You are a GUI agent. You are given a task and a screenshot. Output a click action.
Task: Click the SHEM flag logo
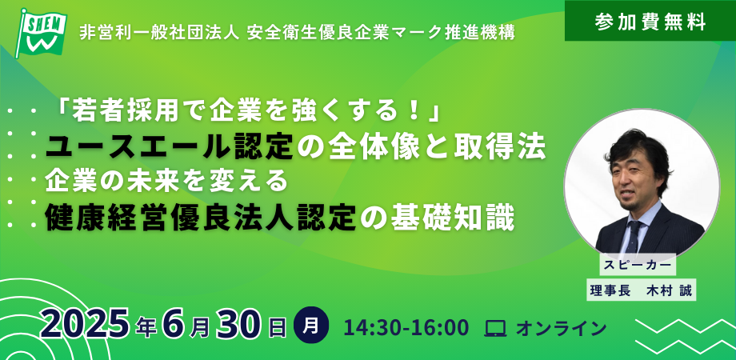pos(42,33)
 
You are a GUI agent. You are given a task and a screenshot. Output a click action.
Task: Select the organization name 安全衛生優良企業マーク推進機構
pos(381,33)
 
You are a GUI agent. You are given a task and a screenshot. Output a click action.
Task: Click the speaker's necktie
pos(634,236)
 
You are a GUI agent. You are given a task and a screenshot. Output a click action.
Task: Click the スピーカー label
pos(638,265)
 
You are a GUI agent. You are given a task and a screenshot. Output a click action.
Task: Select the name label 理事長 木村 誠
pos(641,290)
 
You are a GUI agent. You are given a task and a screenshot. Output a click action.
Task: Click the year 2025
pos(85,324)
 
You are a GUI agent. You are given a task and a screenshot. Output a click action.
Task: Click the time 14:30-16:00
pos(406,328)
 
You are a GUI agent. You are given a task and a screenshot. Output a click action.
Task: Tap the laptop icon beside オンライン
pos(495,329)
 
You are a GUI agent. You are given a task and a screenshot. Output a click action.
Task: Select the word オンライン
pos(561,329)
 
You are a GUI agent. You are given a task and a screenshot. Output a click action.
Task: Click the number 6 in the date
pos(171,324)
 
